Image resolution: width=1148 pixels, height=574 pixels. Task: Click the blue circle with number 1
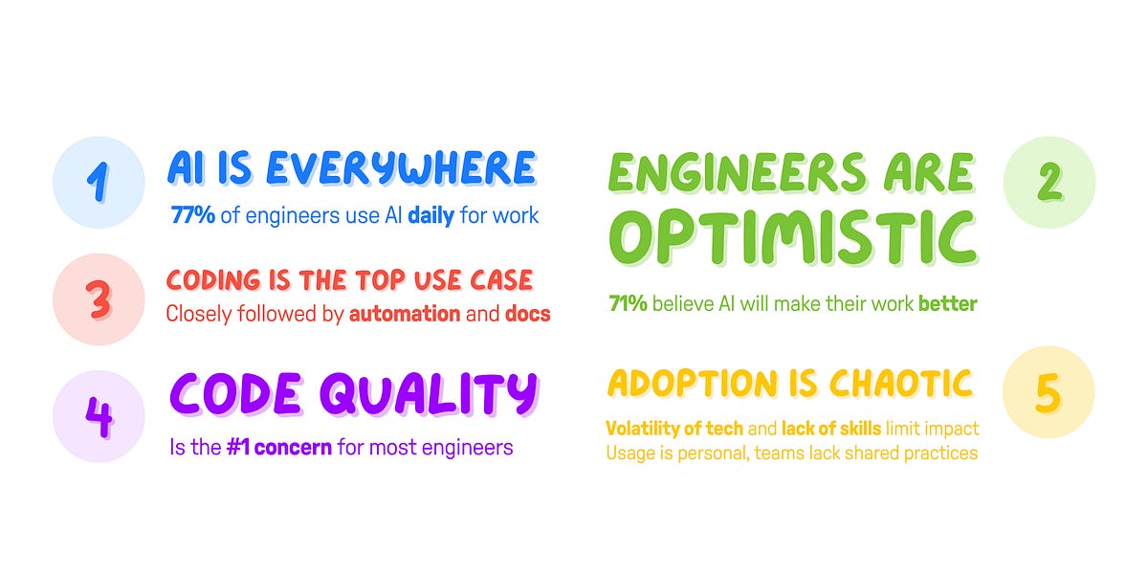click(x=99, y=183)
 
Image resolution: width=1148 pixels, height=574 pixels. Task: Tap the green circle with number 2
click(x=1049, y=182)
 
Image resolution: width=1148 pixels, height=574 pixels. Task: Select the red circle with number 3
click(x=99, y=299)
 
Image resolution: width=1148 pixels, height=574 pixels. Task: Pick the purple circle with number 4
click(x=99, y=416)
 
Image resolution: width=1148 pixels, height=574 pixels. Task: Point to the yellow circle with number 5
click(x=1049, y=392)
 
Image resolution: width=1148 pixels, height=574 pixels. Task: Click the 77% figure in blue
click(x=192, y=215)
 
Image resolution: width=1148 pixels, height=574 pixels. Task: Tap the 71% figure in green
click(x=628, y=304)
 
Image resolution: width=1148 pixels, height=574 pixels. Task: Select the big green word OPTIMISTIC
click(x=794, y=238)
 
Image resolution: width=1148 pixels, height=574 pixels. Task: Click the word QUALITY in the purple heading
click(x=430, y=394)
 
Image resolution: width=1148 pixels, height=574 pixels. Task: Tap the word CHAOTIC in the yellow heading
click(x=901, y=384)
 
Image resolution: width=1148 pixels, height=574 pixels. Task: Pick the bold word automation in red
click(x=405, y=314)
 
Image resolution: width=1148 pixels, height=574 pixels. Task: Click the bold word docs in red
click(x=528, y=314)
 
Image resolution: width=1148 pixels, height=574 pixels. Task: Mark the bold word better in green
click(x=948, y=304)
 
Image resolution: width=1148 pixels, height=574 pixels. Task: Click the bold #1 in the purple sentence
click(x=238, y=448)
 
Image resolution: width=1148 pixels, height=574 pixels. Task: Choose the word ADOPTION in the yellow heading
click(x=693, y=384)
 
